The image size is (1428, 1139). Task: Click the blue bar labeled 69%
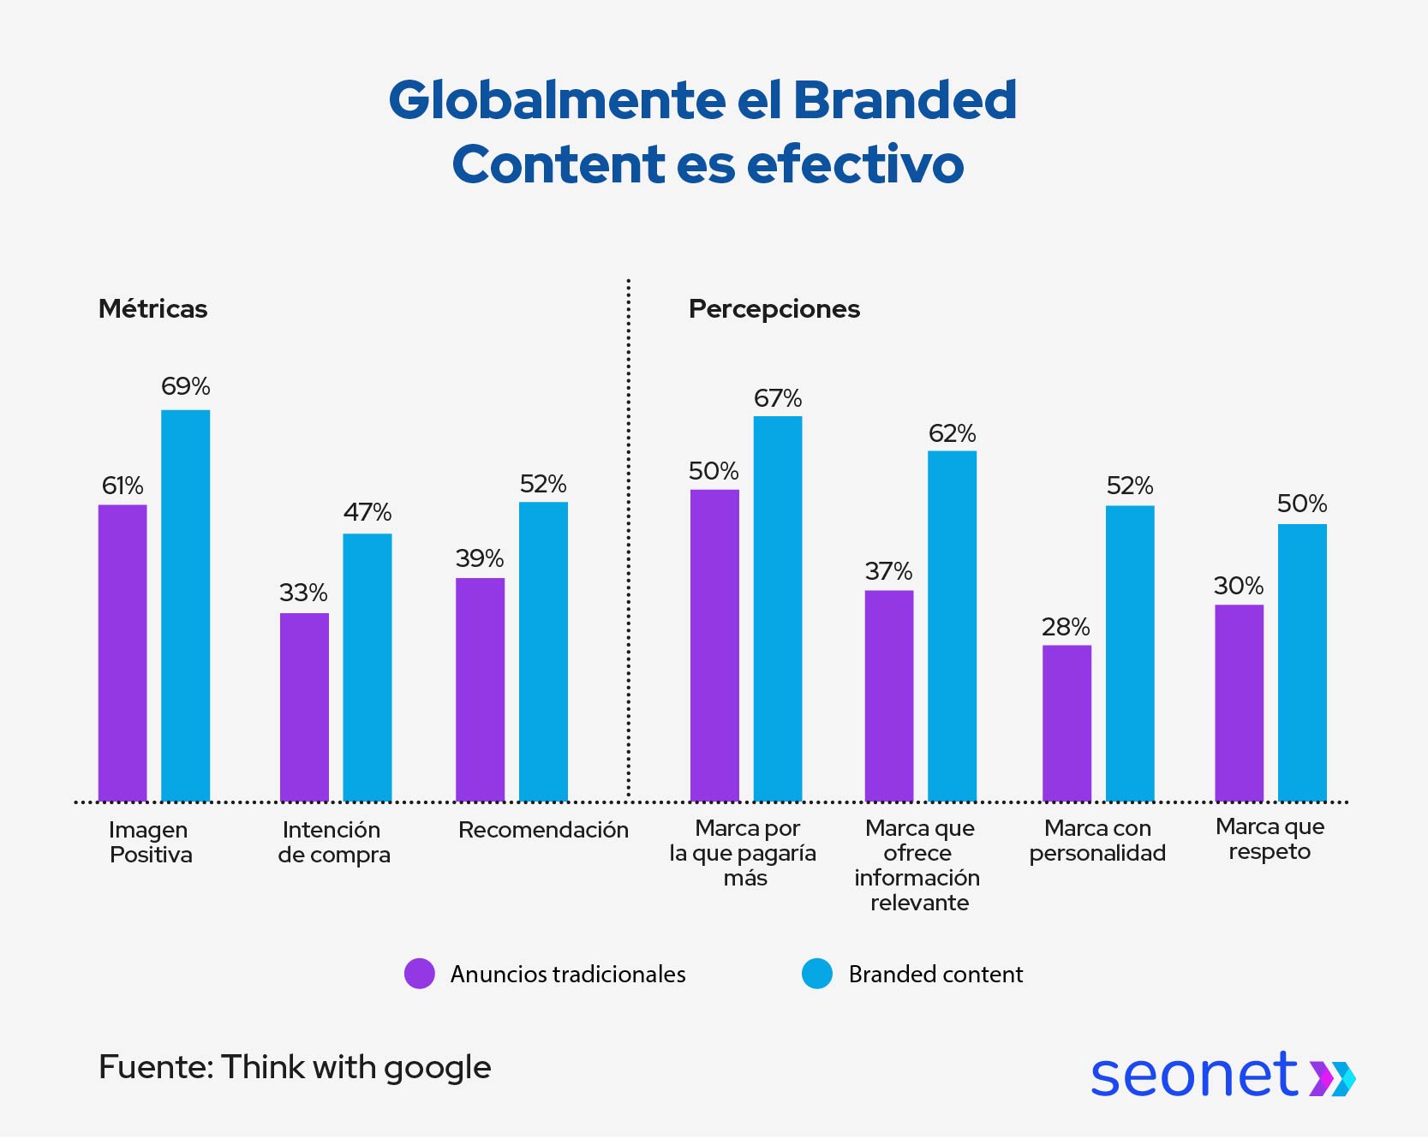[185, 605]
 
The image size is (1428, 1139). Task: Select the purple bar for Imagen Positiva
[122, 653]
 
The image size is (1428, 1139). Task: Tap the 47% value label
[367, 512]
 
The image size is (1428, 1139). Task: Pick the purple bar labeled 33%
[304, 707]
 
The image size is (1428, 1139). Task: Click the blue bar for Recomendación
[543, 651]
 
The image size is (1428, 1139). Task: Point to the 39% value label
[480, 558]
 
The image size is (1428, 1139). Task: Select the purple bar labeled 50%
[714, 645]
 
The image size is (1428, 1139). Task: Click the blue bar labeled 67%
[778, 608]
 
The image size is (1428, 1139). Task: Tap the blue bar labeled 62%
[952, 625]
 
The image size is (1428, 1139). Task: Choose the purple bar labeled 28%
[1067, 723]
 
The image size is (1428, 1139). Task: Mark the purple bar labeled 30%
[1239, 702]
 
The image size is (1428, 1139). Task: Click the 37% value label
[888, 571]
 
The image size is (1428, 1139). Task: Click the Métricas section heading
[152, 308]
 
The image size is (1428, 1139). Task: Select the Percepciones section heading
[774, 308]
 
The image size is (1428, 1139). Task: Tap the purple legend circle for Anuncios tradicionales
[420, 974]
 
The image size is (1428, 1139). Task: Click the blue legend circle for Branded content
[817, 974]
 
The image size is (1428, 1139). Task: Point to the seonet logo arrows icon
[1332, 1077]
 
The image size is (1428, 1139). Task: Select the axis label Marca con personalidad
[1097, 840]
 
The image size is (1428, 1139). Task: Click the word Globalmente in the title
[557, 100]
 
